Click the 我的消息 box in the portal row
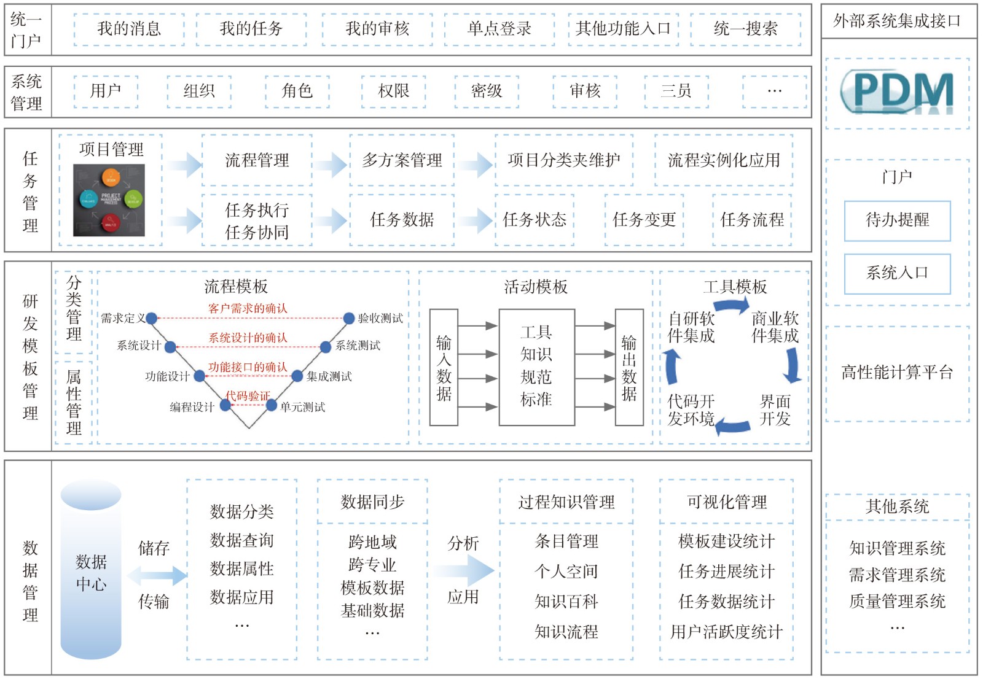click(x=129, y=29)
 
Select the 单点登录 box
click(x=499, y=29)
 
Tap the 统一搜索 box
click(x=745, y=29)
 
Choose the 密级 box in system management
click(x=487, y=91)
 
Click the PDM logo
click(x=897, y=93)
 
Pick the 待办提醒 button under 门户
click(x=897, y=220)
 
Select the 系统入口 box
click(x=897, y=273)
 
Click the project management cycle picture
click(x=109, y=200)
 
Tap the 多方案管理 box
click(x=402, y=161)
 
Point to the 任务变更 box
click(x=644, y=220)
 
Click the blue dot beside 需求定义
click(x=152, y=318)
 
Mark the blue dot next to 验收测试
click(x=348, y=318)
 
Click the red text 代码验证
click(x=248, y=396)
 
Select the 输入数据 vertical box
click(x=444, y=367)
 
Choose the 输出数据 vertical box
click(x=629, y=367)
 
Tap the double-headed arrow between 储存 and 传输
click(x=157, y=576)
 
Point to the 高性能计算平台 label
click(x=897, y=373)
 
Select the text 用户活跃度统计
click(x=726, y=632)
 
